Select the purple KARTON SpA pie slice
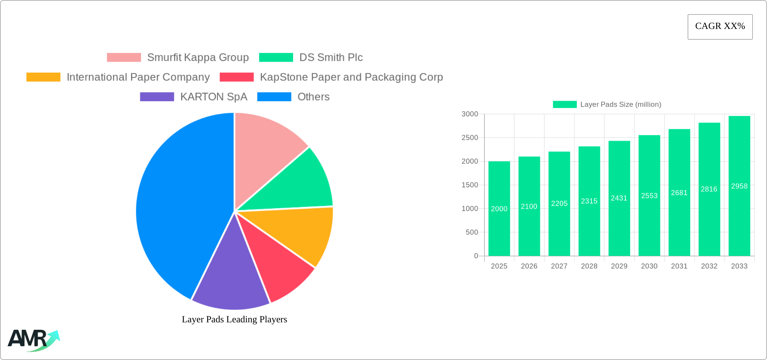pyautogui.click(x=230, y=279)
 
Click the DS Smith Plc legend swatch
pyautogui.click(x=276, y=58)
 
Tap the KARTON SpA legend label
pyautogui.click(x=214, y=97)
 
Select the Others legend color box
pyautogui.click(x=274, y=97)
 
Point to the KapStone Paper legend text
pyautogui.click(x=351, y=77)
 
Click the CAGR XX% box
pyautogui.click(x=720, y=27)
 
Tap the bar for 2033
pyautogui.click(x=739, y=219)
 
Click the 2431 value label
pyautogui.click(x=619, y=198)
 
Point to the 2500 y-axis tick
pyautogui.click(x=470, y=138)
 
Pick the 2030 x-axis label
pyautogui.click(x=649, y=266)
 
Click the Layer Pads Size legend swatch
pyautogui.click(x=564, y=105)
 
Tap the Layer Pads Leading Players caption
pyautogui.click(x=234, y=319)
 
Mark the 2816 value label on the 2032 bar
pyautogui.click(x=709, y=189)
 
